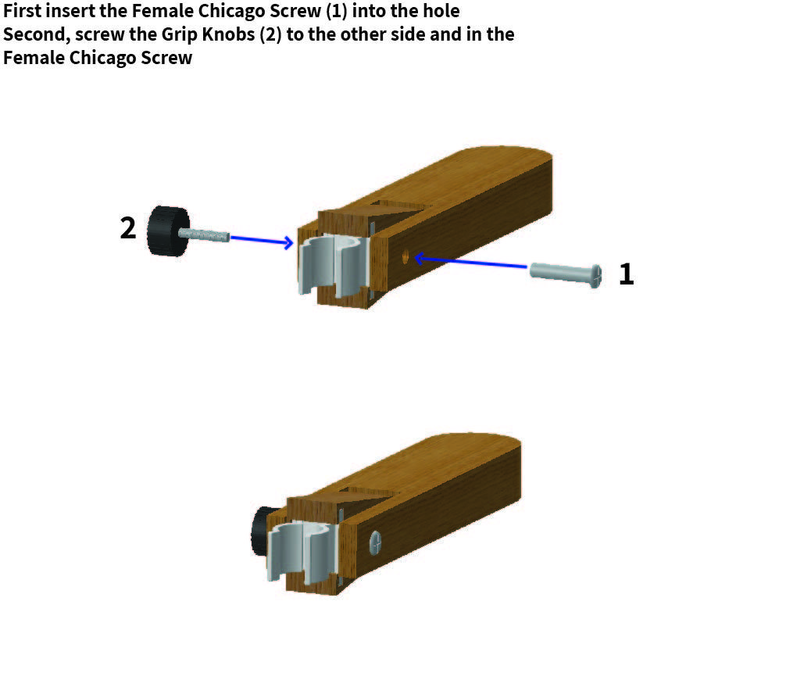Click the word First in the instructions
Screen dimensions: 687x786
24,13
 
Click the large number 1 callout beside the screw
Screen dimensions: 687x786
626,274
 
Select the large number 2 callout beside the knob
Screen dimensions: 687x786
128,228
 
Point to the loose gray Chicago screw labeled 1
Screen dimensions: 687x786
566,273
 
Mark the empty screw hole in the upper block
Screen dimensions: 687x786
404,256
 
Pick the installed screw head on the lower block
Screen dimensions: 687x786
375,542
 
